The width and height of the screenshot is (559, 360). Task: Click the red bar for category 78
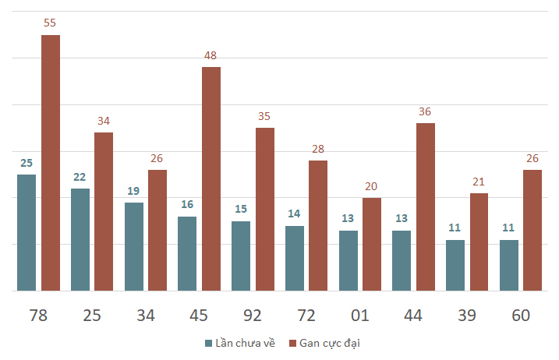click(x=51, y=163)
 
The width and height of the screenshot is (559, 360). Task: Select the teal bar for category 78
click(x=27, y=233)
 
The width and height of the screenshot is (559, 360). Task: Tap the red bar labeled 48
click(x=211, y=179)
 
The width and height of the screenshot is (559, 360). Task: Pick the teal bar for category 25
click(x=80, y=240)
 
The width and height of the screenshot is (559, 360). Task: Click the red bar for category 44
click(x=426, y=207)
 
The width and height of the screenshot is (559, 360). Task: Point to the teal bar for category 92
click(x=241, y=256)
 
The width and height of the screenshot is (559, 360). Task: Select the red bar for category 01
click(x=372, y=245)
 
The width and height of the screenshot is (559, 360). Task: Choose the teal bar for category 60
click(x=509, y=266)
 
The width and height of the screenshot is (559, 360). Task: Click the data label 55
click(x=50, y=23)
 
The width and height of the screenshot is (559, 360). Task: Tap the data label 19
click(x=133, y=191)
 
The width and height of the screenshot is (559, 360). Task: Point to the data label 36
click(x=425, y=111)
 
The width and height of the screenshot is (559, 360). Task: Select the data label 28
click(x=318, y=149)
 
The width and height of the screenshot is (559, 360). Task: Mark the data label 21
click(x=479, y=182)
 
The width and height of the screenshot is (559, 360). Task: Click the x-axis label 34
click(x=146, y=316)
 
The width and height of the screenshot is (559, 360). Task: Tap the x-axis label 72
click(x=306, y=316)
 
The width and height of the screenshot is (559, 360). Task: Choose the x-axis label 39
click(x=467, y=316)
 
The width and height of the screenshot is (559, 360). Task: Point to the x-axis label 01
click(x=359, y=316)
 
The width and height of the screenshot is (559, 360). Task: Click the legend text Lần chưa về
click(x=246, y=343)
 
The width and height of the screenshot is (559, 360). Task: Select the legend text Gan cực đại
click(x=330, y=344)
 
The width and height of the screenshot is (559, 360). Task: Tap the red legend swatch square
click(x=292, y=344)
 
